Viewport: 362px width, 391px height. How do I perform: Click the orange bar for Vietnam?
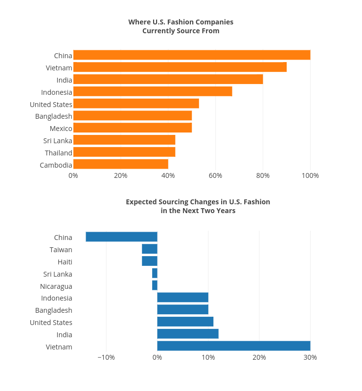click(x=180, y=67)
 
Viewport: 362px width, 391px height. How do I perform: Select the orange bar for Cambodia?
click(x=121, y=164)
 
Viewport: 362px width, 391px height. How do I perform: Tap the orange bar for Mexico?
click(x=133, y=128)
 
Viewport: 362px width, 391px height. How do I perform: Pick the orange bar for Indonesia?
click(x=153, y=91)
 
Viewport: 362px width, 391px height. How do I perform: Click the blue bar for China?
click(x=121, y=237)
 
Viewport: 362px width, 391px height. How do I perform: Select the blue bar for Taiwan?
click(x=150, y=249)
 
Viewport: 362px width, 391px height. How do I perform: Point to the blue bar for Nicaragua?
click(x=155, y=285)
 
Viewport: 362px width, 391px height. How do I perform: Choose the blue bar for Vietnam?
click(x=234, y=346)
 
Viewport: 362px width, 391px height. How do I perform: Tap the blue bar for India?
click(x=188, y=334)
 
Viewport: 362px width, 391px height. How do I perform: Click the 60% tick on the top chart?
click(x=215, y=175)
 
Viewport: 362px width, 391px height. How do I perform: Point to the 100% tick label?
click(x=310, y=175)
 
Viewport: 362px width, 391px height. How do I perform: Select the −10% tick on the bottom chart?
click(x=106, y=357)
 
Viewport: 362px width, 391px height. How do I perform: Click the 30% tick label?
click(x=310, y=357)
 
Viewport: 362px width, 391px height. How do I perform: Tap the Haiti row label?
click(x=65, y=262)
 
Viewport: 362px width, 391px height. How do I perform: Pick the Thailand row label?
click(x=58, y=153)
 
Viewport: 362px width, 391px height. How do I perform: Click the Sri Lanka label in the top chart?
click(x=57, y=141)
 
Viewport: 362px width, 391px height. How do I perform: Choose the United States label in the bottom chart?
click(x=51, y=323)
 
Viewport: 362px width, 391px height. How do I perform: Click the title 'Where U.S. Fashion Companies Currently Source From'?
click(x=181, y=26)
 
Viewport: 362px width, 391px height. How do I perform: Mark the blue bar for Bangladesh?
click(x=182, y=309)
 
